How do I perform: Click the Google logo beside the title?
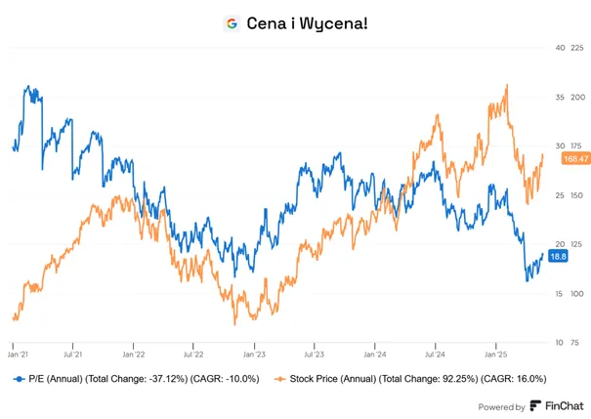pos(232,23)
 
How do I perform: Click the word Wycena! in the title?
pos(333,23)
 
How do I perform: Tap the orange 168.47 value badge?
pos(576,158)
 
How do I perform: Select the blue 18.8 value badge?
pos(558,257)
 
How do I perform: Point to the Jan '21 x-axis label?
pos(18,355)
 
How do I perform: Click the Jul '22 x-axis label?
pos(193,355)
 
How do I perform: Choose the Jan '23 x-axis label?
pos(254,355)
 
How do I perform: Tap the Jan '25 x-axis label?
pos(496,355)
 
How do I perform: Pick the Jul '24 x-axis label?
pos(435,355)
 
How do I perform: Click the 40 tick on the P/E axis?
pos(560,48)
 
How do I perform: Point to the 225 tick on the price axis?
pos(577,48)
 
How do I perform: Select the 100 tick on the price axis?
pos(577,294)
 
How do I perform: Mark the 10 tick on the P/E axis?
pos(560,343)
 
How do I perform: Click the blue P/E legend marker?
pos(20,379)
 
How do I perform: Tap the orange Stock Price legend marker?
pos(279,379)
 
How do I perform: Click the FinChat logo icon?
pos(535,405)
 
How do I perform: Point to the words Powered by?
pos(501,407)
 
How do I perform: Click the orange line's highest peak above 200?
pos(507,85)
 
